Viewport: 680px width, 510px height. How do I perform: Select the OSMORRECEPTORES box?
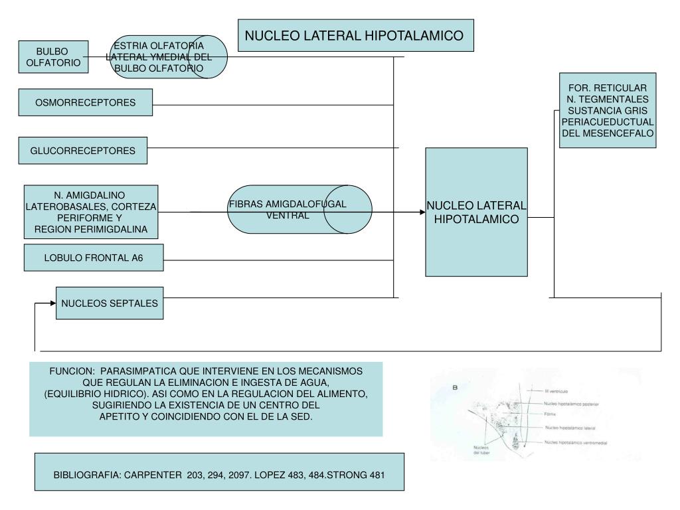click(86, 102)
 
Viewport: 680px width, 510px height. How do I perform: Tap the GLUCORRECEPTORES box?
click(82, 151)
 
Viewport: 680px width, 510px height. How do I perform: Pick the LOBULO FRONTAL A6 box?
click(94, 258)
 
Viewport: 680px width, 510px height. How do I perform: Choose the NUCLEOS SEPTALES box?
click(110, 303)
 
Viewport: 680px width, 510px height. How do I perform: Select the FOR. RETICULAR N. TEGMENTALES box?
click(608, 110)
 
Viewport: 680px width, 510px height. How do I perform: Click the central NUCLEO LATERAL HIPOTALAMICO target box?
click(476, 212)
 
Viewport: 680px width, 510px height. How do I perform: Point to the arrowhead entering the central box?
click(421, 212)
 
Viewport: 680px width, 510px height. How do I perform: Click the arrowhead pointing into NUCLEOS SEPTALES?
click(52, 303)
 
